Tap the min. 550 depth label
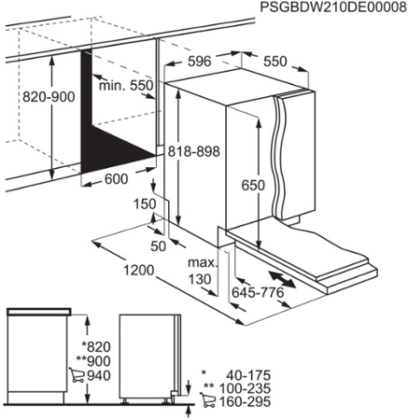128,84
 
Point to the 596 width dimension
195,63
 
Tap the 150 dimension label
144,203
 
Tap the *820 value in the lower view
100,344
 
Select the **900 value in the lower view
98,360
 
